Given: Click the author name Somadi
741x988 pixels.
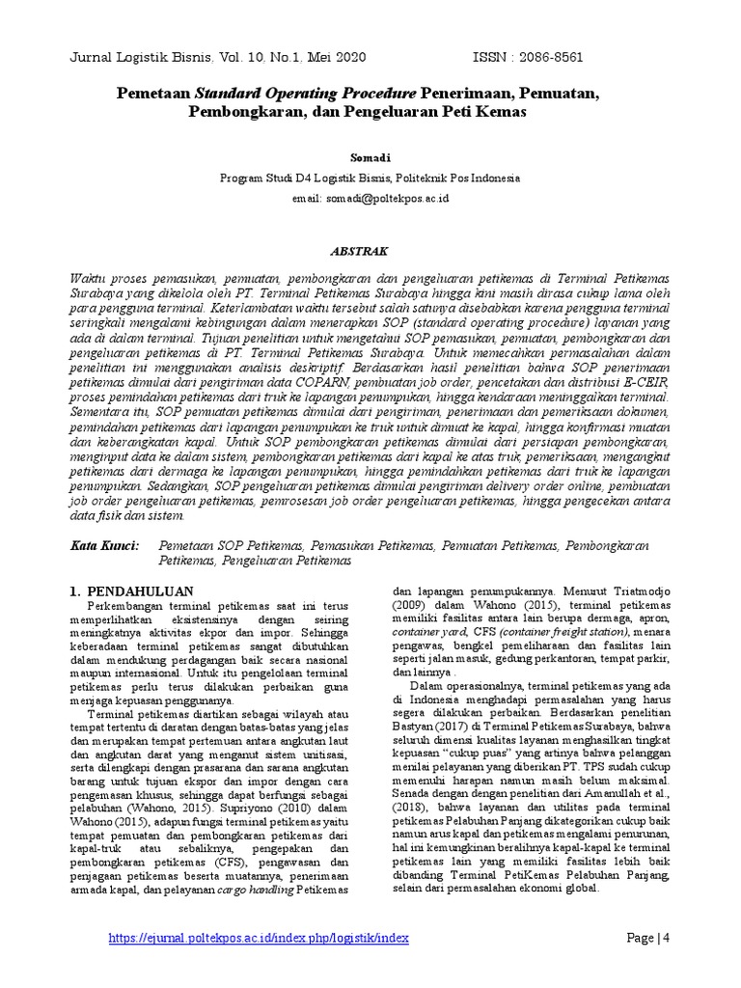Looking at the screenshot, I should pyautogui.click(x=370, y=155).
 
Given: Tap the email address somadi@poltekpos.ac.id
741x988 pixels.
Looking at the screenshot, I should pyautogui.click(x=370, y=198).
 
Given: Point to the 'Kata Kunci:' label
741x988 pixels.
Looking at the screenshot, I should pyautogui.click(x=105, y=546).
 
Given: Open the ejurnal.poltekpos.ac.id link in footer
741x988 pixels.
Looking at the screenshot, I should pyautogui.click(x=260, y=938).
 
